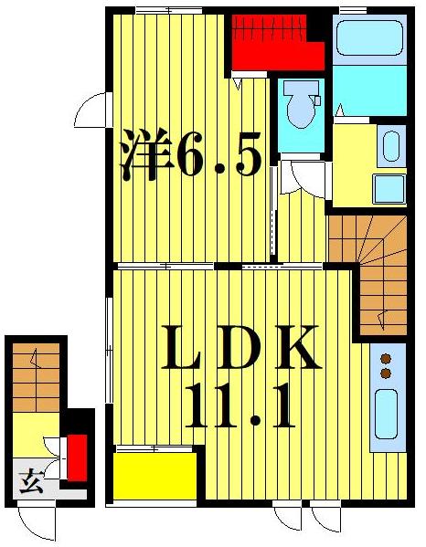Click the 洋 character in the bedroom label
click(145, 154)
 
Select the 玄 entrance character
click(27, 479)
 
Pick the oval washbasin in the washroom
click(389, 147)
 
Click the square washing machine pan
click(388, 190)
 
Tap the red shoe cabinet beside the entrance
click(78, 456)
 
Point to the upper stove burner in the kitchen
click(386, 358)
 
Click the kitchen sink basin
click(386, 418)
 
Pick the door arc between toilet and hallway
click(296, 176)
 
